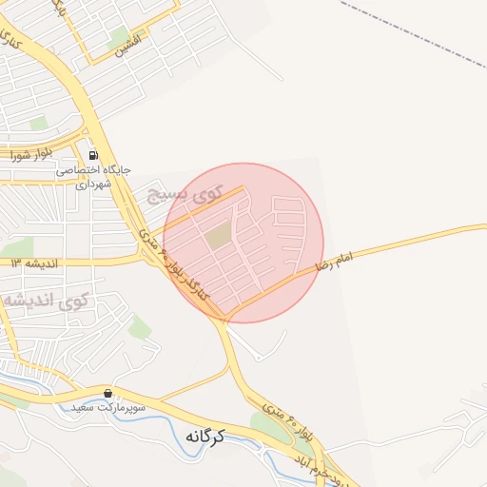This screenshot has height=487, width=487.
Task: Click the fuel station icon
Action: [x=92, y=155]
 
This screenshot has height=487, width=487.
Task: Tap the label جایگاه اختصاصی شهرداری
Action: [x=92, y=177]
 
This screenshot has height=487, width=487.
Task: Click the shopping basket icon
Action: [x=107, y=393]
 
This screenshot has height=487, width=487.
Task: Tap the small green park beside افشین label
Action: [x=119, y=38]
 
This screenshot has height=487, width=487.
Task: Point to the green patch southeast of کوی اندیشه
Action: [x=139, y=328]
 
